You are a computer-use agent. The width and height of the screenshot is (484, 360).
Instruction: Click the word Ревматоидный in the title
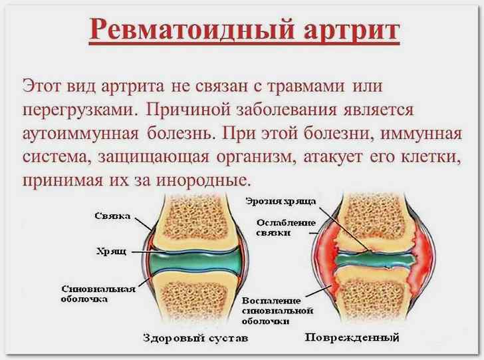191,29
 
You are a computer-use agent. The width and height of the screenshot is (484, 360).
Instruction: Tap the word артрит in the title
352,31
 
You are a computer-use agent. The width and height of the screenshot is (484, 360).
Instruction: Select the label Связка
112,216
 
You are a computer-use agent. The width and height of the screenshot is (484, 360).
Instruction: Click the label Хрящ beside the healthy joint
111,252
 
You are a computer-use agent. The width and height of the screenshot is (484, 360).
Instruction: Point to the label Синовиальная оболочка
98,294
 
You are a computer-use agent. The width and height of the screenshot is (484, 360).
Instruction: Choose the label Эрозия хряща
281,202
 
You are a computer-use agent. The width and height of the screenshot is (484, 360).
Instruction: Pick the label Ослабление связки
286,228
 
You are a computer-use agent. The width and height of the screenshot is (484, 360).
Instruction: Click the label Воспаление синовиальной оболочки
277,311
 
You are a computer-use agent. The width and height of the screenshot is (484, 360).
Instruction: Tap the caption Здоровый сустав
195,338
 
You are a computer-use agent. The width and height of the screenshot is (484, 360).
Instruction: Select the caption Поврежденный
352,337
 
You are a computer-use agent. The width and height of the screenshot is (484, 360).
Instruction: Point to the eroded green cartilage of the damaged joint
374,260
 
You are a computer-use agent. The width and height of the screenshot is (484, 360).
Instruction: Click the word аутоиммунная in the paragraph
80,134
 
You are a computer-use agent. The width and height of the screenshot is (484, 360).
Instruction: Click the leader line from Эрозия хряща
344,229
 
